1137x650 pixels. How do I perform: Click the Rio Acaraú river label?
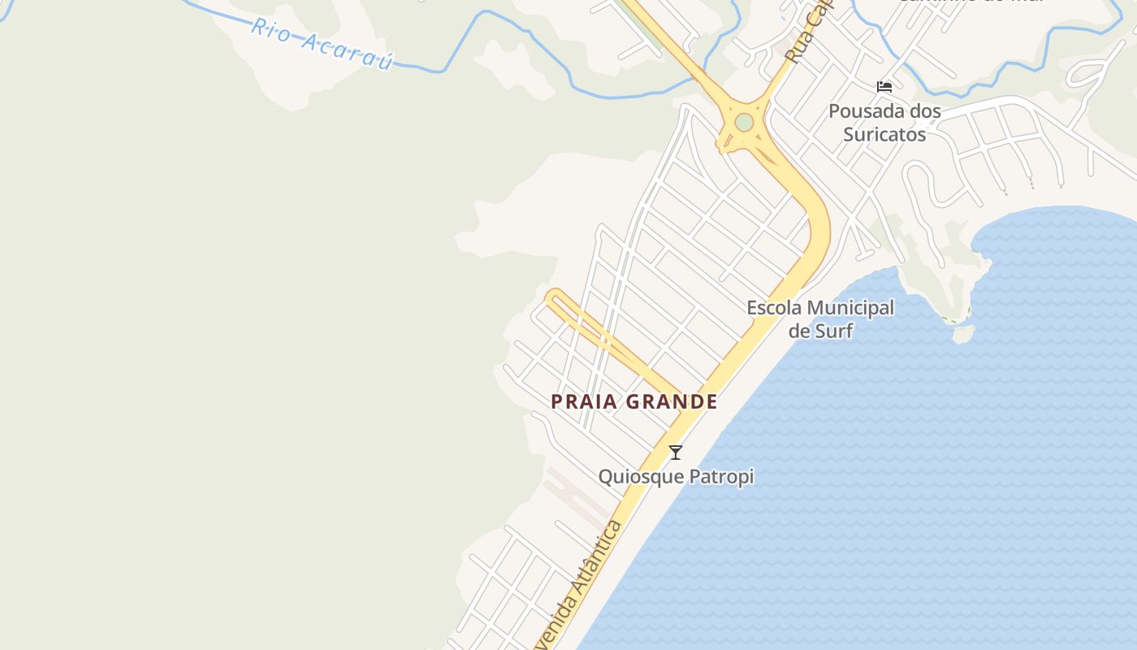pyautogui.click(x=322, y=44)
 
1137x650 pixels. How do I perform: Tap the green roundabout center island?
pyautogui.click(x=744, y=123)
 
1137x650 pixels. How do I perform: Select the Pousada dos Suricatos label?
pyautogui.click(x=884, y=123)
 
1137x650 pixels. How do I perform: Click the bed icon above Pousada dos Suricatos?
pyautogui.click(x=884, y=87)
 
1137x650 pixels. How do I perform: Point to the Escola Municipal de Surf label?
pyautogui.click(x=820, y=318)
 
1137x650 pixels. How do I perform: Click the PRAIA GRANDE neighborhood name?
pyautogui.click(x=634, y=401)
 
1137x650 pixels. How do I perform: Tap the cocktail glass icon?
pyautogui.click(x=676, y=453)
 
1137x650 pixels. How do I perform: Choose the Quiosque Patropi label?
pyautogui.click(x=676, y=477)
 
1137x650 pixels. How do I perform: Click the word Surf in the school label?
pyautogui.click(x=820, y=330)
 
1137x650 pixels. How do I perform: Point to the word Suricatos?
pyautogui.click(x=884, y=134)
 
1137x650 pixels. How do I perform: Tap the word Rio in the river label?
pyautogui.click(x=269, y=28)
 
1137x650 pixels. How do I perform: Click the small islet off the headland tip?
pyautogui.click(x=962, y=334)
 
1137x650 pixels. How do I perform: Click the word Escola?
pyautogui.click(x=775, y=308)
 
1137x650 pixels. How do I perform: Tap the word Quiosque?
pyautogui.click(x=638, y=477)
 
